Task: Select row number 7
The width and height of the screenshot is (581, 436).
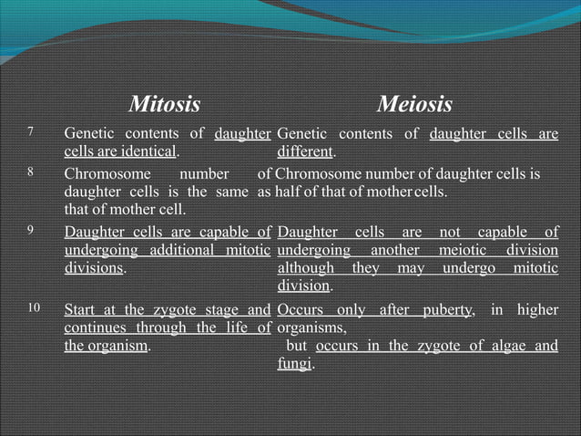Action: coord(32,133)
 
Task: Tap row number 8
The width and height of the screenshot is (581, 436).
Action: coord(32,171)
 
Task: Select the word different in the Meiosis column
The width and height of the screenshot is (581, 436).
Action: coord(305,151)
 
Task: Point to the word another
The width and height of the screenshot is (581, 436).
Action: coord(391,250)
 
